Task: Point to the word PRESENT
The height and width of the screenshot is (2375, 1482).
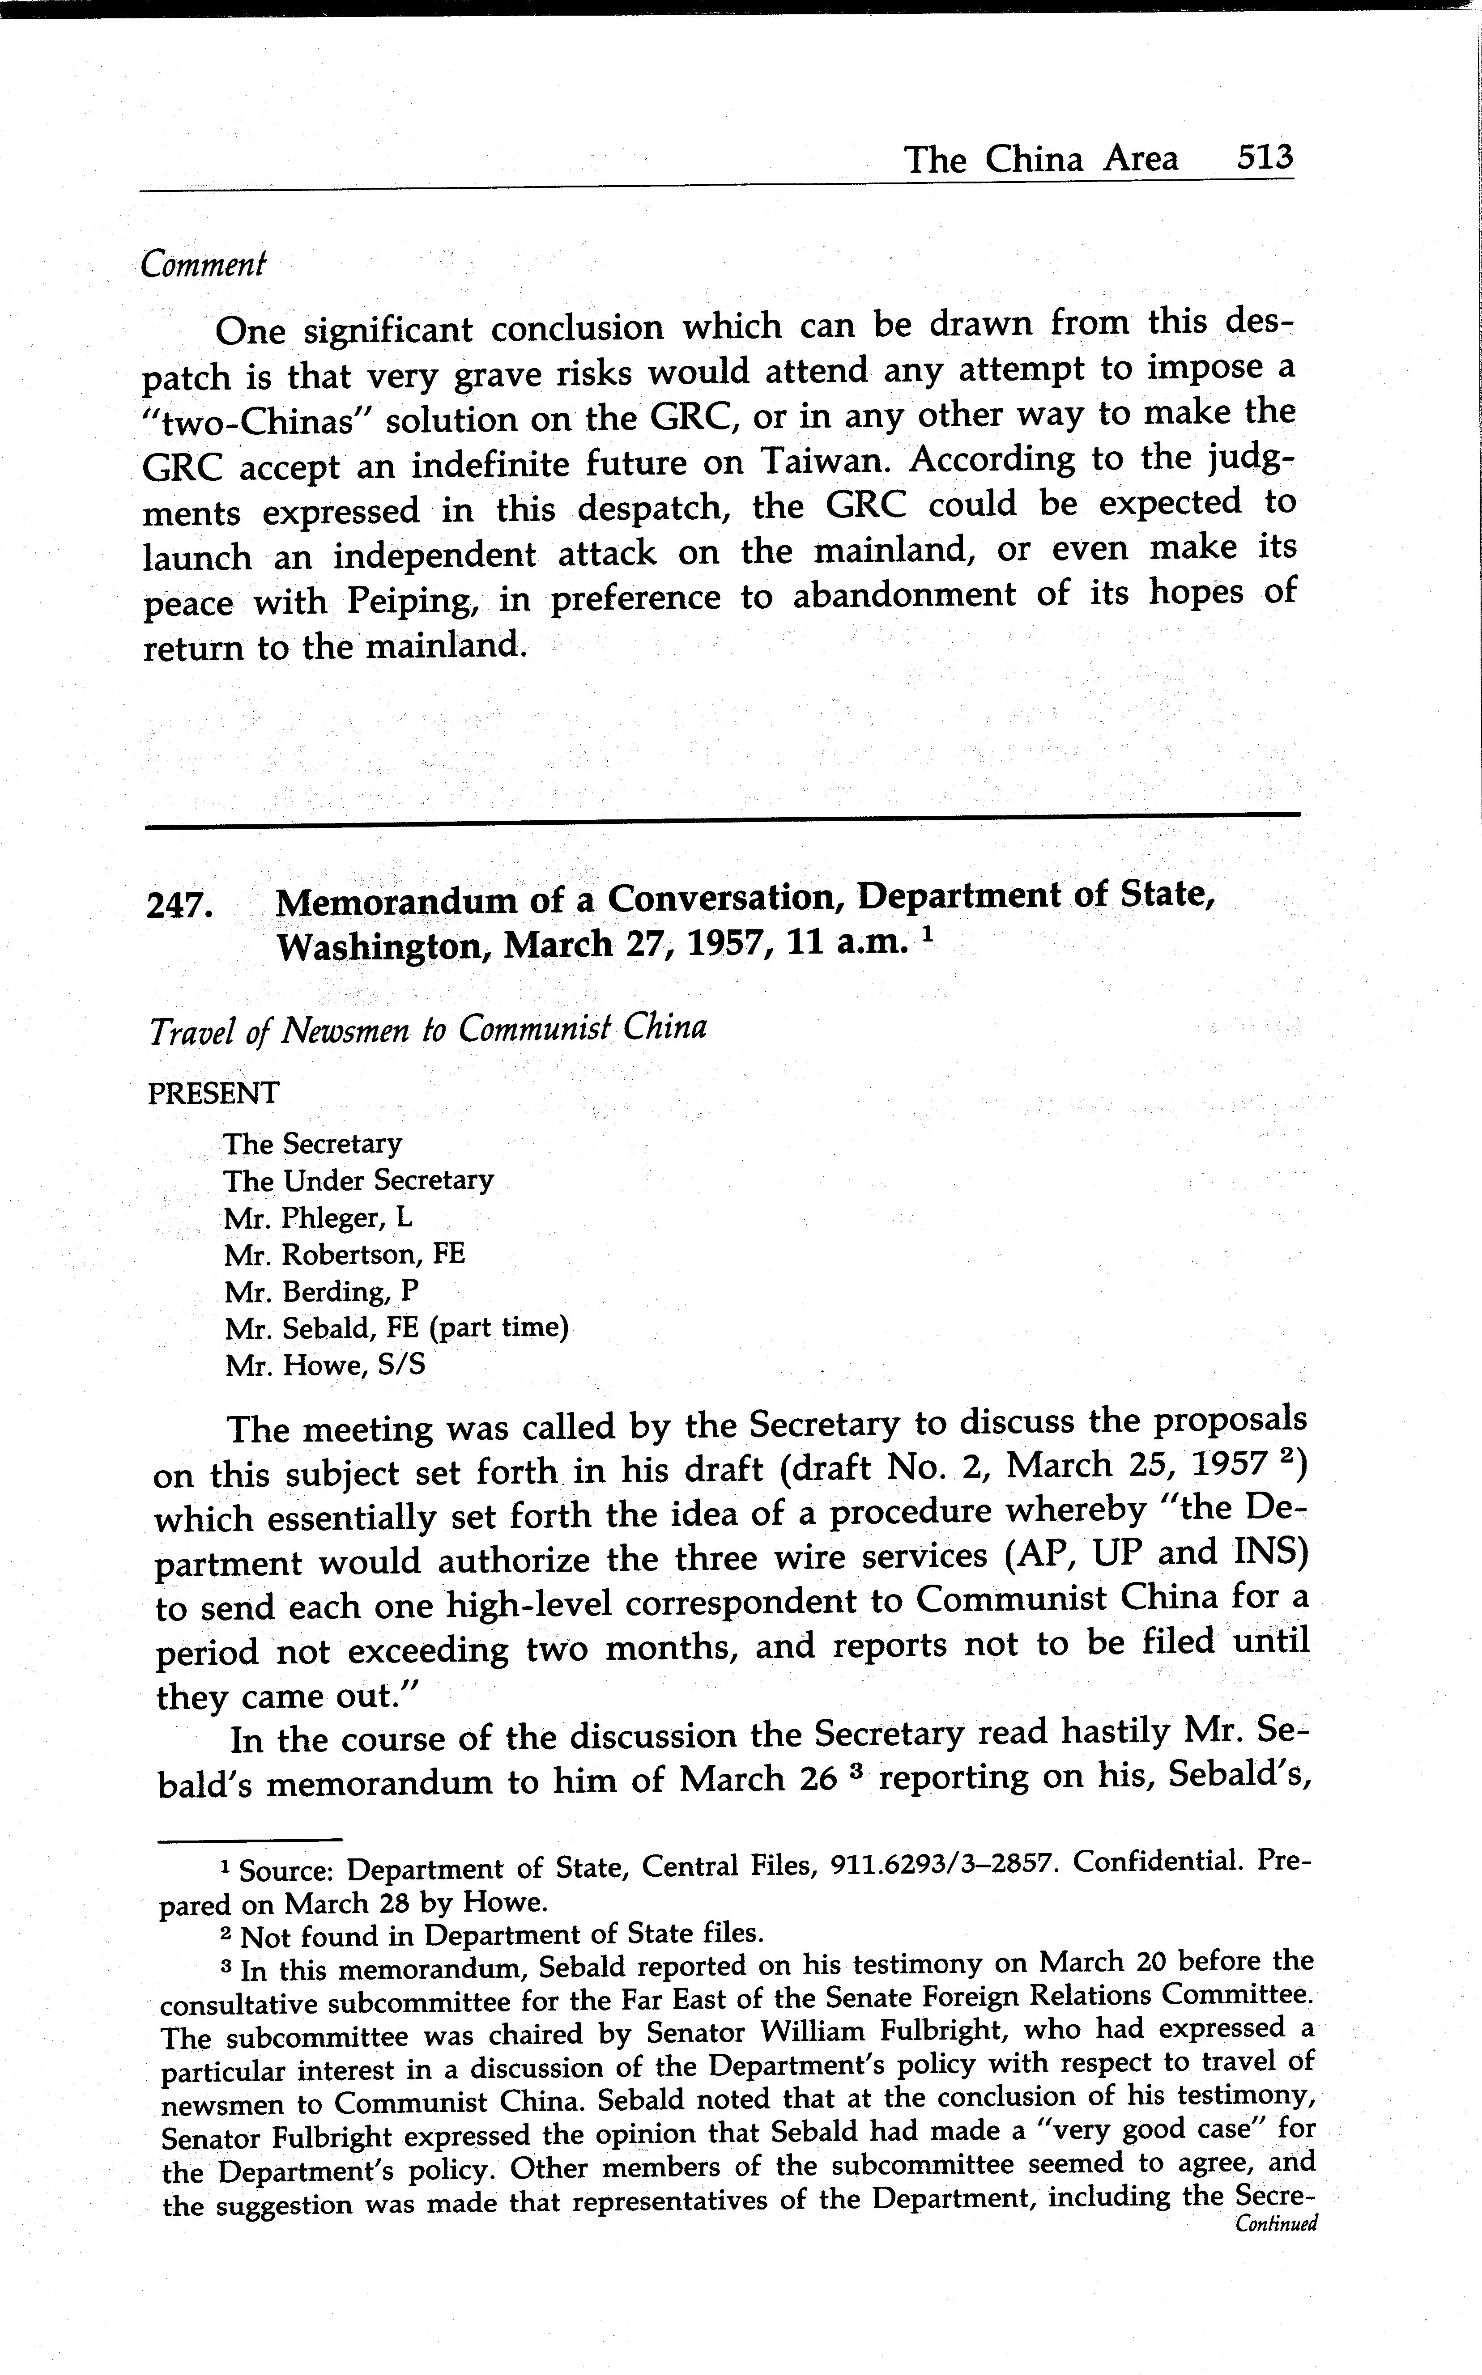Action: point(213,1093)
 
